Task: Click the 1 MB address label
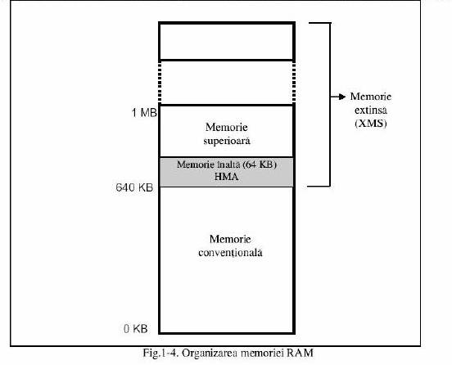click(144, 113)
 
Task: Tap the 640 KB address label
click(134, 187)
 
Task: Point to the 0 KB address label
click(135, 329)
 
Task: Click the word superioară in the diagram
click(227, 142)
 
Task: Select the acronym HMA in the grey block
click(227, 177)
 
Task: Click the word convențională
click(230, 253)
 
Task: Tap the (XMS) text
click(371, 124)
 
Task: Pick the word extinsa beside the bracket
click(371, 110)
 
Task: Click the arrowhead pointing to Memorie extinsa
click(342, 97)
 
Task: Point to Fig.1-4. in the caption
click(160, 353)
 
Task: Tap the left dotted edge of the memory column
click(160, 83)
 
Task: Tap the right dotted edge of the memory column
click(294, 83)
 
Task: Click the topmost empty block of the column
click(227, 42)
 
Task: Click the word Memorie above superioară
click(227, 127)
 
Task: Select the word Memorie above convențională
click(230, 239)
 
